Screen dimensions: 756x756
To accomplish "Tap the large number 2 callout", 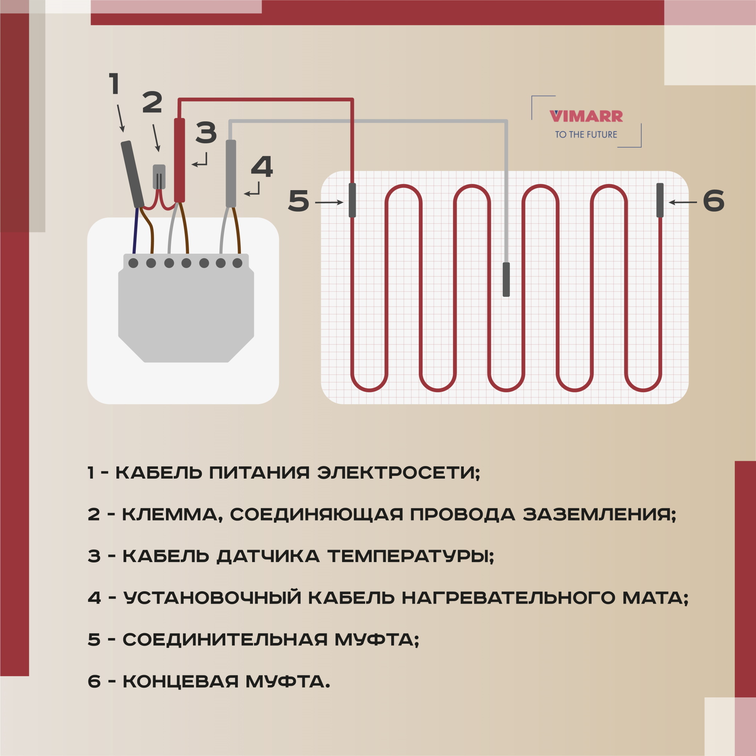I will tap(152, 102).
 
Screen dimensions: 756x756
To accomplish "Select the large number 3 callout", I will tap(206, 132).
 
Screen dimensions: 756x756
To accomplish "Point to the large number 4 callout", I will tap(262, 167).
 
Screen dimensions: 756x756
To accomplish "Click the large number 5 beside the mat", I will tap(299, 201).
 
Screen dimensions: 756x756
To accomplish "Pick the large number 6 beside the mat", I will tap(713, 201).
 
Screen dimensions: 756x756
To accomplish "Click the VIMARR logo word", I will tap(586, 116).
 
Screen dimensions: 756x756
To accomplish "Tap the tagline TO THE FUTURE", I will tap(586, 135).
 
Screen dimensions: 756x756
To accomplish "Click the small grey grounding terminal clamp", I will tap(159, 177).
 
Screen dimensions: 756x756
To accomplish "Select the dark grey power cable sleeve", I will tap(133, 175).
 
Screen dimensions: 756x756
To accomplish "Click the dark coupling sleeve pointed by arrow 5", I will tap(352, 200).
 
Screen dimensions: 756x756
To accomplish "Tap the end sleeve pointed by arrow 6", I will tap(660, 200).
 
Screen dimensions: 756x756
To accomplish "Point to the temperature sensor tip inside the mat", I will tap(506, 279).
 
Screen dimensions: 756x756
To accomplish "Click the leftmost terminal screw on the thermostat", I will tap(133, 263).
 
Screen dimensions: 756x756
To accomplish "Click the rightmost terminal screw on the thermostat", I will tap(237, 263).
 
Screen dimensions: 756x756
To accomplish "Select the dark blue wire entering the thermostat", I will tap(135, 231).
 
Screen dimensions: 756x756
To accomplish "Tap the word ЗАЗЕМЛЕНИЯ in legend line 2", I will tap(600, 514).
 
